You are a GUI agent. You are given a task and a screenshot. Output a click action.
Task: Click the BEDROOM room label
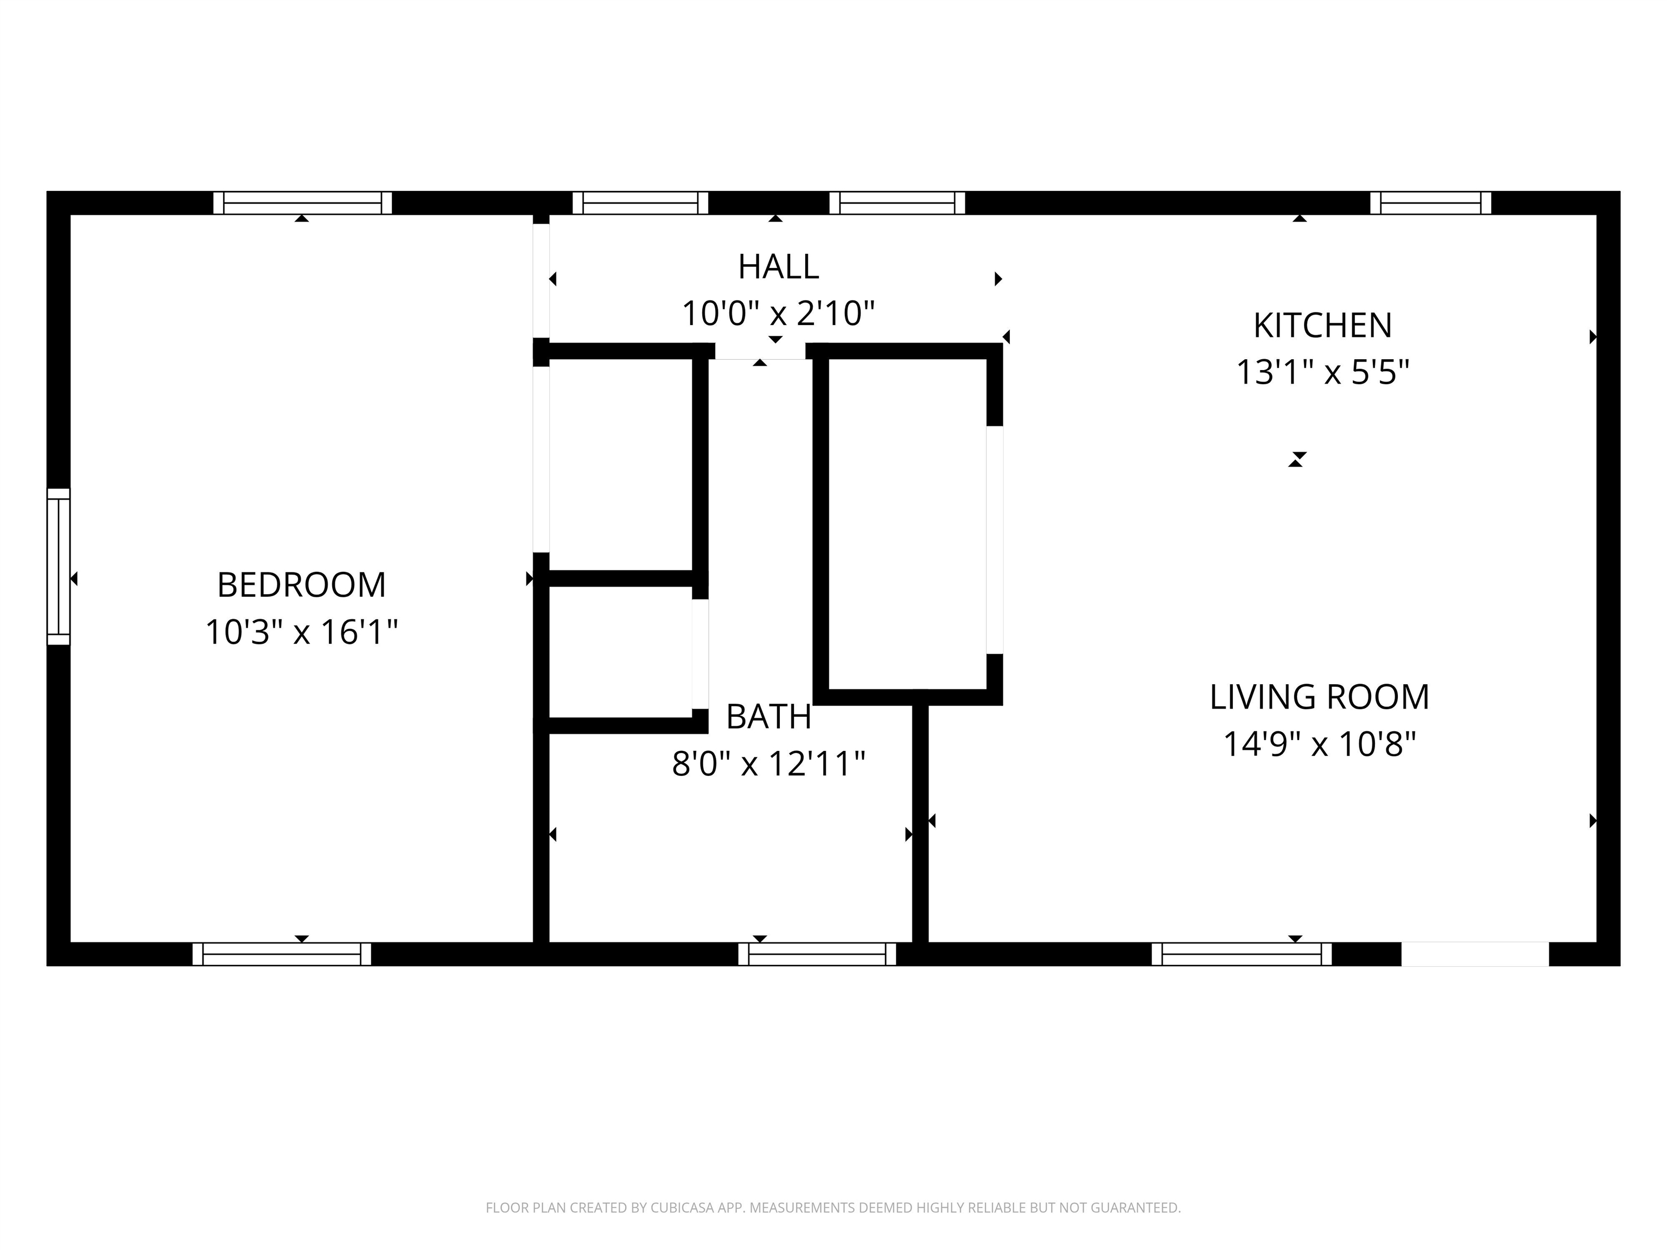[x=302, y=585]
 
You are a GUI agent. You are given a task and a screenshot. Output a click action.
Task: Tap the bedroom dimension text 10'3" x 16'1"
[x=302, y=632]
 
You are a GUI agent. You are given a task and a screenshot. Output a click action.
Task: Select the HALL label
[x=779, y=267]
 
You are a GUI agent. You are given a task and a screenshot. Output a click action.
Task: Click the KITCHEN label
[x=1322, y=326]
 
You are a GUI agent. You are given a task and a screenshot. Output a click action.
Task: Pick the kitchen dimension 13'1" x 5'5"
[x=1322, y=372]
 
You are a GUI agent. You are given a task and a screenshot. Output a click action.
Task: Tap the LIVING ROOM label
[x=1320, y=698]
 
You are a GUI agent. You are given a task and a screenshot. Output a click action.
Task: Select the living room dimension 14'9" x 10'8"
[x=1320, y=744]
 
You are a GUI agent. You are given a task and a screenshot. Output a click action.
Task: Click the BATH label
[x=769, y=717]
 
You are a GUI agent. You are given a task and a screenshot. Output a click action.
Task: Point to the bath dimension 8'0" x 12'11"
[x=769, y=764]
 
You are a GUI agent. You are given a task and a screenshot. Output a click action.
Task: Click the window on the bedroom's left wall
[x=59, y=566]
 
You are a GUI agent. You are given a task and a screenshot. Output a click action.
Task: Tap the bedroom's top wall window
[x=303, y=203]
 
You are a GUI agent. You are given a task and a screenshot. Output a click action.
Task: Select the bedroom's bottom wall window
[x=282, y=954]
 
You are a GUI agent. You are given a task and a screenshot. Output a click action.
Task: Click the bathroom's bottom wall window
[x=817, y=954]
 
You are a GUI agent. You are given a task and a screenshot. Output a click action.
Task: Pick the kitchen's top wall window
[x=1430, y=203]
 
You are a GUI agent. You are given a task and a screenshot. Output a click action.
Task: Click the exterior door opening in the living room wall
[x=1475, y=954]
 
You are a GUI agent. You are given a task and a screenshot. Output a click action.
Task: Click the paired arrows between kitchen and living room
[x=1296, y=460]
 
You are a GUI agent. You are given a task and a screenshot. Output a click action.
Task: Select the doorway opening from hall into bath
[x=760, y=351]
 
